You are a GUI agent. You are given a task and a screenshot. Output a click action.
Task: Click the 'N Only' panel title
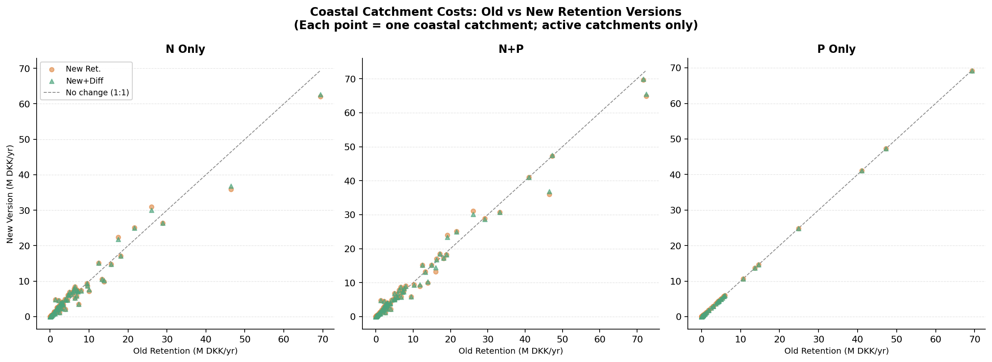point(185,50)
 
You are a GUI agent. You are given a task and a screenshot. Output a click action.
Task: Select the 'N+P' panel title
point(511,50)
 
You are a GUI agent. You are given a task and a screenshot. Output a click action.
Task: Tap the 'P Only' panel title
point(836,50)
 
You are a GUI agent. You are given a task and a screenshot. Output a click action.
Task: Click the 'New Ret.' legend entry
point(83,69)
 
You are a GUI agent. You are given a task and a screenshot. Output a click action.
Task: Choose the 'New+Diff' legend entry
point(84,81)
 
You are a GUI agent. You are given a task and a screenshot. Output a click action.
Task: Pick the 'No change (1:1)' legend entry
point(97,92)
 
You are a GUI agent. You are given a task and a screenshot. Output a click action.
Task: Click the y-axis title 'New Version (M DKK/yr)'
point(10,194)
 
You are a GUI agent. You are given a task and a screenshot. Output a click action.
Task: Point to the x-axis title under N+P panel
point(511,351)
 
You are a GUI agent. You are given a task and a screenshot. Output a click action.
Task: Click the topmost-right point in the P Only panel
point(972,71)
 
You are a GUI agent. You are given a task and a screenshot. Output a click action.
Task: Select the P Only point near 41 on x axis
point(862,171)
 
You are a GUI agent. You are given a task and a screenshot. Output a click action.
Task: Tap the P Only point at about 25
point(798,229)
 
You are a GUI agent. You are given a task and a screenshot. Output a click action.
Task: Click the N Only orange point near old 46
point(231,189)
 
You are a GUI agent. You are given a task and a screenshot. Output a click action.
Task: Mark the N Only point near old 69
point(320,96)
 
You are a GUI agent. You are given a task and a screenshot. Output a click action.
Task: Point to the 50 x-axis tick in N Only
point(245,339)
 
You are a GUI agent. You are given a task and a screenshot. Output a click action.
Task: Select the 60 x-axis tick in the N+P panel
point(600,339)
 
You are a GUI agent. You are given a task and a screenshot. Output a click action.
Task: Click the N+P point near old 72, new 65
point(646,96)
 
